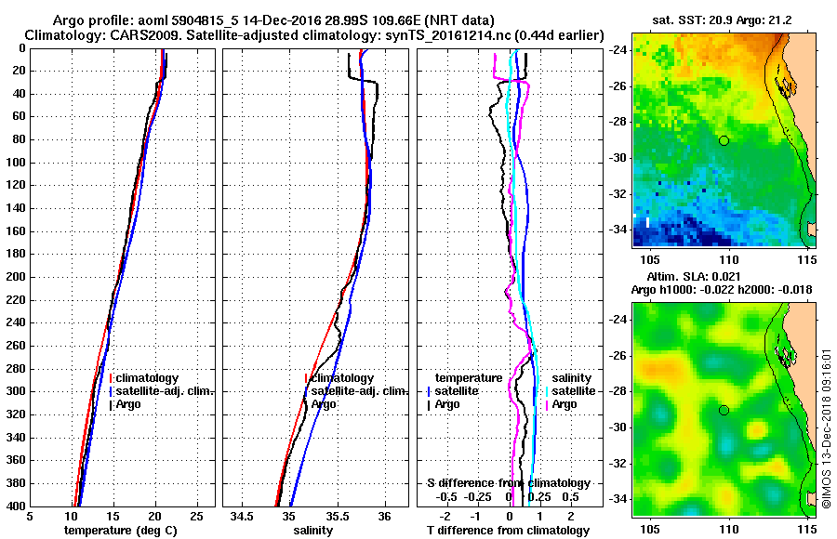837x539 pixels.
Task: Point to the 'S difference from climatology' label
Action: [508, 483]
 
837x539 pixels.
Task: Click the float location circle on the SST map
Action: [724, 140]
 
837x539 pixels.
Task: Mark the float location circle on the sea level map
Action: [724, 410]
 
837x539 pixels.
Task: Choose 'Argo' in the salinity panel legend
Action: [324, 404]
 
